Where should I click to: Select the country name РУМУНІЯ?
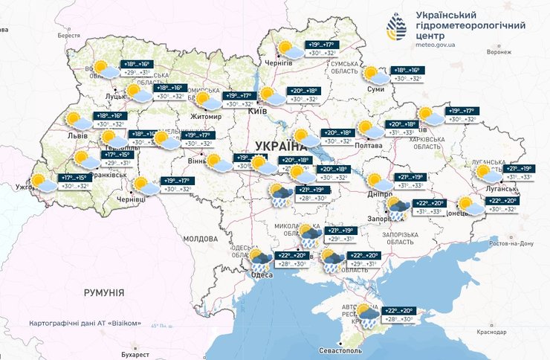point(103,293)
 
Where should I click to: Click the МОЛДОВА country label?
point(199,239)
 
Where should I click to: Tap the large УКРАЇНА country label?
point(283,145)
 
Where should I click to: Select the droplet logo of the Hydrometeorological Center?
point(397,29)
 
